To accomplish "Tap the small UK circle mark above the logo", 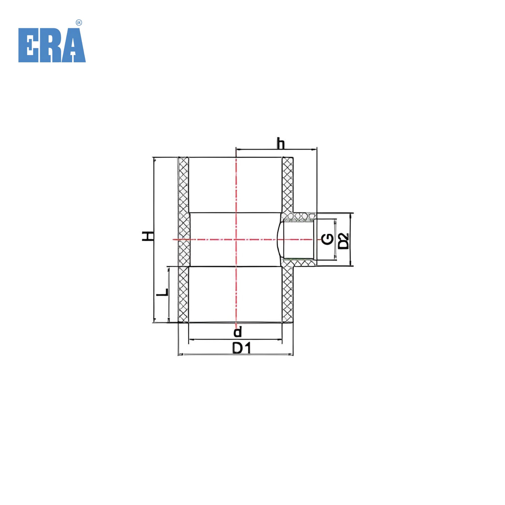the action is (79, 23).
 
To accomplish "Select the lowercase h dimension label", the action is (281, 144).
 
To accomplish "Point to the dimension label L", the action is (162, 292).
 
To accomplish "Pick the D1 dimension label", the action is (241, 349).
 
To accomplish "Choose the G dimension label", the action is (328, 239).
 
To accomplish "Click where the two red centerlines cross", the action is (236, 239).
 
